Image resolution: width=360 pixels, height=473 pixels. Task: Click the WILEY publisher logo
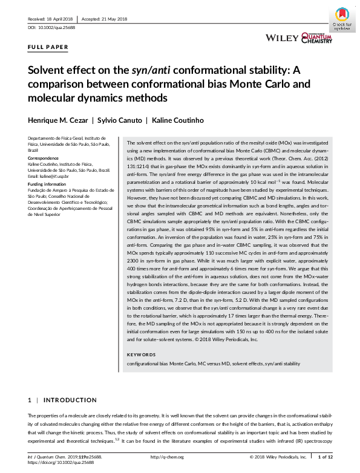(282, 38)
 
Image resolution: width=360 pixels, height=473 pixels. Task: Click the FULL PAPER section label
(48, 47)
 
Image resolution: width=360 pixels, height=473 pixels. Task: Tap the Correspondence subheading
(45, 157)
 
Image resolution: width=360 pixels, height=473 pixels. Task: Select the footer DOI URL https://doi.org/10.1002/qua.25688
(62, 462)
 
